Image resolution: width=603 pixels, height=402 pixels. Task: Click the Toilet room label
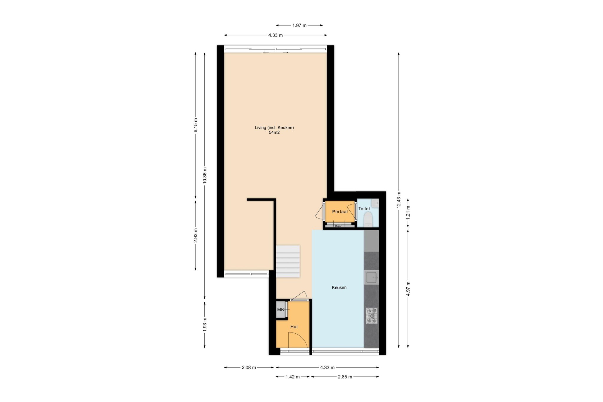[364, 209]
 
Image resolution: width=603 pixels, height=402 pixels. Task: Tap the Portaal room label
[340, 211]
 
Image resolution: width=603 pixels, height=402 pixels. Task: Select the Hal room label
[294, 327]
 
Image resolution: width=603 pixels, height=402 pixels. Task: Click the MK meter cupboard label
[281, 310]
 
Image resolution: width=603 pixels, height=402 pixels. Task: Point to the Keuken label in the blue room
[339, 287]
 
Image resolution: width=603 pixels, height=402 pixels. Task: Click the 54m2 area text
[274, 133]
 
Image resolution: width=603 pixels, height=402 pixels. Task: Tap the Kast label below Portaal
[338, 226]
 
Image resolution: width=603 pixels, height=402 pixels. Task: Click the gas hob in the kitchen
[372, 316]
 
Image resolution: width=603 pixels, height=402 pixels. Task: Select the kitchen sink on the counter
[372, 277]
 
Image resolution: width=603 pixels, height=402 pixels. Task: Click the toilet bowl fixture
[368, 220]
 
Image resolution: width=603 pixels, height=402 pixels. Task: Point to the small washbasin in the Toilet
[375, 203]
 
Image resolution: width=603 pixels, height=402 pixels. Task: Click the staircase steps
[288, 261]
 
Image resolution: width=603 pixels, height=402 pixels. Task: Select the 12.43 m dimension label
[399, 200]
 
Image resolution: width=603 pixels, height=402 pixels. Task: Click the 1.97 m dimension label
[299, 25]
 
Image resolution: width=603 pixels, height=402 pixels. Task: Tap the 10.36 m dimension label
[205, 176]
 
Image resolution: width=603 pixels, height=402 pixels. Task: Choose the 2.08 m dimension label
[249, 368]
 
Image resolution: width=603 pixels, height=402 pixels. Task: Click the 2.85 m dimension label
[345, 377]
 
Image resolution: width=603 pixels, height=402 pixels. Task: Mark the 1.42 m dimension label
[293, 377]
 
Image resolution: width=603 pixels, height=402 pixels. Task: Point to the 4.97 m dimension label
[408, 289]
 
